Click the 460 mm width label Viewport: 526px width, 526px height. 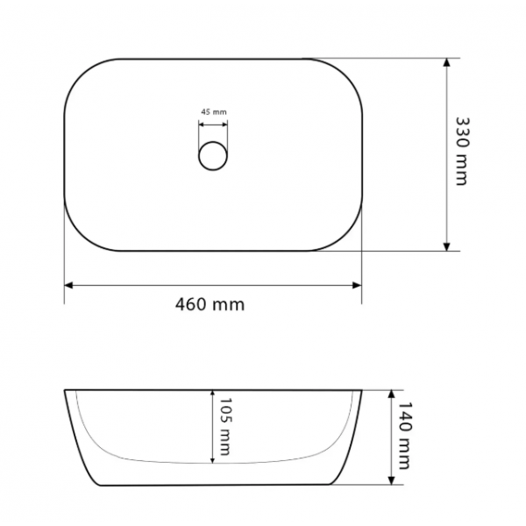[x=210, y=304]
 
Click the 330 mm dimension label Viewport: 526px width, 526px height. [x=462, y=151]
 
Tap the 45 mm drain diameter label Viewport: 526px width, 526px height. [x=214, y=111]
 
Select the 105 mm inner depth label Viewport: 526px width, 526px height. [x=225, y=426]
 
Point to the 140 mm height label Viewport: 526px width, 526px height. [x=404, y=436]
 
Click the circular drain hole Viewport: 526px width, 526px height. [x=213, y=156]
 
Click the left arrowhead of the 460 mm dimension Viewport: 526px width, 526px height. [x=68, y=286]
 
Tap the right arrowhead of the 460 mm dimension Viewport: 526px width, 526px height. [x=358, y=286]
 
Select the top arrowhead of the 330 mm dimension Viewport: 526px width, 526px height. [x=446, y=63]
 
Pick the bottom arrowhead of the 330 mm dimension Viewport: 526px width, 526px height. [x=446, y=246]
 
